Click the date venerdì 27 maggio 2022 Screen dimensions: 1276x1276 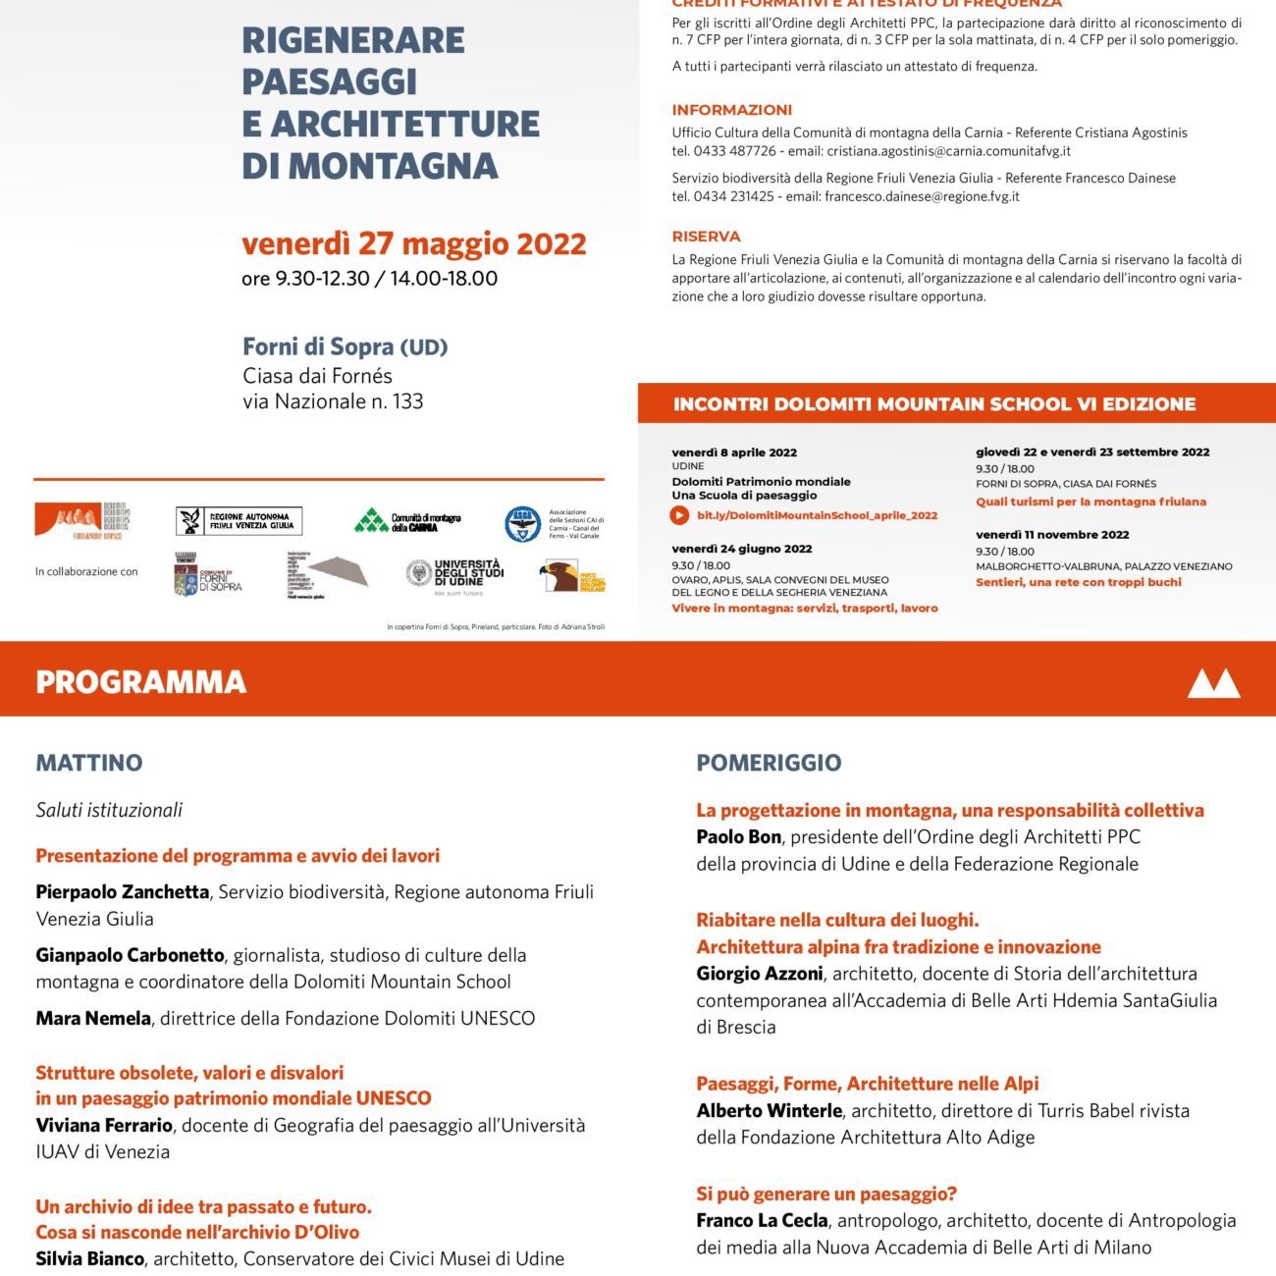pos(413,243)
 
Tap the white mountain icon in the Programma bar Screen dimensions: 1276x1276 pos(1213,683)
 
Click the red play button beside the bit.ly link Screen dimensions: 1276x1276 pos(679,515)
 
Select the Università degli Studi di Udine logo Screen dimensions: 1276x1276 pos(454,575)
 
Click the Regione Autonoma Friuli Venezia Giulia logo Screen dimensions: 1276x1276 pos(239,520)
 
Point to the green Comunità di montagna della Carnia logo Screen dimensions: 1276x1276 pos(407,521)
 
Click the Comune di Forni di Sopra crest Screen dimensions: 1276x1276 pos(186,575)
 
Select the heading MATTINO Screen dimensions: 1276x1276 pos(89,763)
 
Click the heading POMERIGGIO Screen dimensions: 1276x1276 pos(769,763)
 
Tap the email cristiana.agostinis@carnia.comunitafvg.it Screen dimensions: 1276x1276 pos(948,151)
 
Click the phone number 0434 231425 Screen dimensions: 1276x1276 pos(734,196)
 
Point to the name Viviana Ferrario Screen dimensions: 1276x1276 pos(104,1125)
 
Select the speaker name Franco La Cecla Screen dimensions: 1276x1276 pos(763,1220)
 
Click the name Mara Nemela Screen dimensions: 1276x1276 pos(93,1018)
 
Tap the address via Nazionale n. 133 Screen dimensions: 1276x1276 pos(333,401)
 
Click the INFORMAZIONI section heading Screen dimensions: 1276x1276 pos(731,110)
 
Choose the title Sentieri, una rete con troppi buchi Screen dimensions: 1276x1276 pos(1078,582)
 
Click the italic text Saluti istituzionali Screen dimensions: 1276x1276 pos(109,810)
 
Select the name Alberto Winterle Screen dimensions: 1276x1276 pos(770,1110)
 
